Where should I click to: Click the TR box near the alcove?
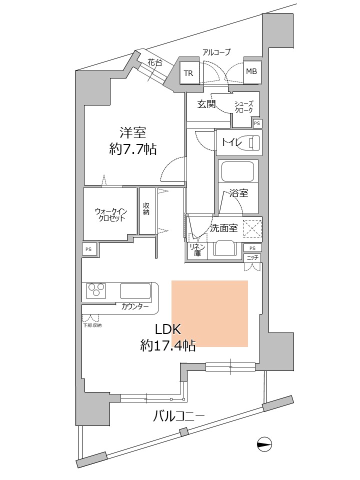(188, 73)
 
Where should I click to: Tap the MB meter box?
(251, 71)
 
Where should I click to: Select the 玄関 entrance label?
(206, 104)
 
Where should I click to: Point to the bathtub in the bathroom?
(238, 171)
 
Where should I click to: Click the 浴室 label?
(238, 193)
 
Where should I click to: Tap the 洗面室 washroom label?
(223, 228)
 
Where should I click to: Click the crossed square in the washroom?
(252, 228)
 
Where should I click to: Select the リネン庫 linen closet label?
(194, 250)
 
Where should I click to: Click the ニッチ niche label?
(252, 257)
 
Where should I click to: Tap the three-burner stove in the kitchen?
(96, 290)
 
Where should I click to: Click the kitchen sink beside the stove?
(135, 290)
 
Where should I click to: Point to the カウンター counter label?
(135, 306)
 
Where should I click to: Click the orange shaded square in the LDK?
(210, 313)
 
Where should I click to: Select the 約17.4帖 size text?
(167, 344)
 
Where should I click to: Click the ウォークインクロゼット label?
(110, 215)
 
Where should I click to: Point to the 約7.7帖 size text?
(132, 149)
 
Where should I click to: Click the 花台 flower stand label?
(154, 63)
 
